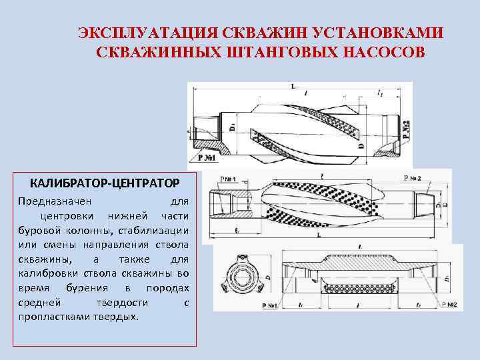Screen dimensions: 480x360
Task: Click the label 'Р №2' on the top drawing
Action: [407, 125]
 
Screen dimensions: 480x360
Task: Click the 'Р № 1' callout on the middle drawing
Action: [229, 179]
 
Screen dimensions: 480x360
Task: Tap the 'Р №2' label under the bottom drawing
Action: [447, 305]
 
